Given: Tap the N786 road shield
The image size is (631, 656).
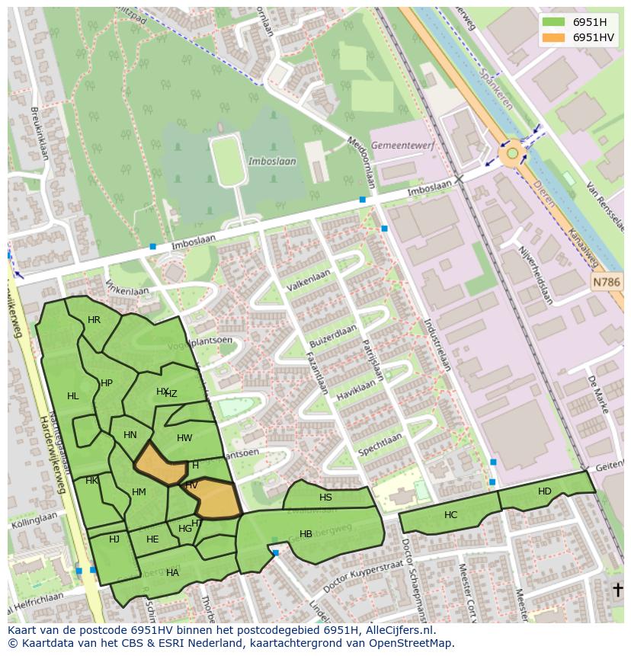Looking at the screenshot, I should (607, 283).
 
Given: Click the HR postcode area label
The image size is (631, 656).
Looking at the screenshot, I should (94, 320).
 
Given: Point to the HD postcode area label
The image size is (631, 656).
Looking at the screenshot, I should (544, 491).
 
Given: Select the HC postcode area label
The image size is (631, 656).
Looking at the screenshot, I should (450, 515).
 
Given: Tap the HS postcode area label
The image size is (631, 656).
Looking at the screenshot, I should (325, 498).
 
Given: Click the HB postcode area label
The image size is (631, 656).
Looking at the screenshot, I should (306, 534).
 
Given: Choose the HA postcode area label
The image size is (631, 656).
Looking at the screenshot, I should (172, 573).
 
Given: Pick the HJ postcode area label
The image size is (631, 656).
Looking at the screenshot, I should (114, 539).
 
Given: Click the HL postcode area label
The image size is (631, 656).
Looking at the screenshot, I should (73, 396).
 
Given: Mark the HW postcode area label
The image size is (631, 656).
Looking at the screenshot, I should (184, 438).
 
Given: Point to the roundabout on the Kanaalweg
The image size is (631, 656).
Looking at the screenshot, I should (512, 154).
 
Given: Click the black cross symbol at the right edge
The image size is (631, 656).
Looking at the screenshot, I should (618, 590).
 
